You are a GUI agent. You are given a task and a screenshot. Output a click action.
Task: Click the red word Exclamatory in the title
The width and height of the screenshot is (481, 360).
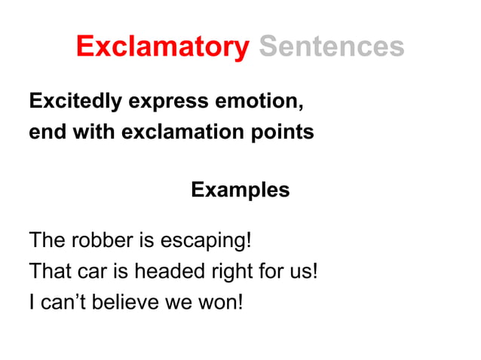click(x=162, y=47)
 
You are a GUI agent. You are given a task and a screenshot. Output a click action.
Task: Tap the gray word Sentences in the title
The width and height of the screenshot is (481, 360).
click(x=332, y=47)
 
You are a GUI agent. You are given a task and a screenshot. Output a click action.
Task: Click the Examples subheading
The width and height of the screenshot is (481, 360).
click(x=240, y=190)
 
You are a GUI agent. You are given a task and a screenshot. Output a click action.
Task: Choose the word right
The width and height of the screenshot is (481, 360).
click(x=225, y=271)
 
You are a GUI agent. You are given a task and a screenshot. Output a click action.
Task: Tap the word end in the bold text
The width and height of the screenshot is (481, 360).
click(x=44, y=133)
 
